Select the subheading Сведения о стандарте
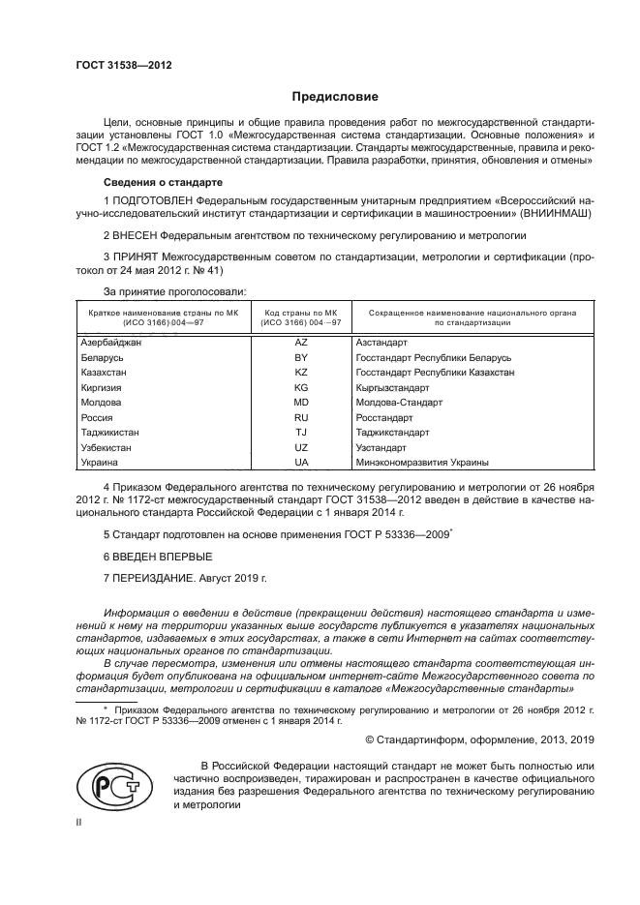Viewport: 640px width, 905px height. pyautogui.click(x=163, y=182)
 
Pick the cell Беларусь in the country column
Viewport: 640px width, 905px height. pyautogui.click(x=102, y=358)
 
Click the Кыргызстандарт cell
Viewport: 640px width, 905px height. pyautogui.click(x=391, y=388)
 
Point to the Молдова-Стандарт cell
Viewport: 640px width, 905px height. pyautogui.click(x=398, y=403)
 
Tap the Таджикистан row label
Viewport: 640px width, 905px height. pyautogui.click(x=107, y=433)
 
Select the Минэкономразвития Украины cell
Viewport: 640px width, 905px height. pyautogui.click(x=422, y=464)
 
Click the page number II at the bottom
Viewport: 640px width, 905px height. pyautogui.click(x=79, y=822)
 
